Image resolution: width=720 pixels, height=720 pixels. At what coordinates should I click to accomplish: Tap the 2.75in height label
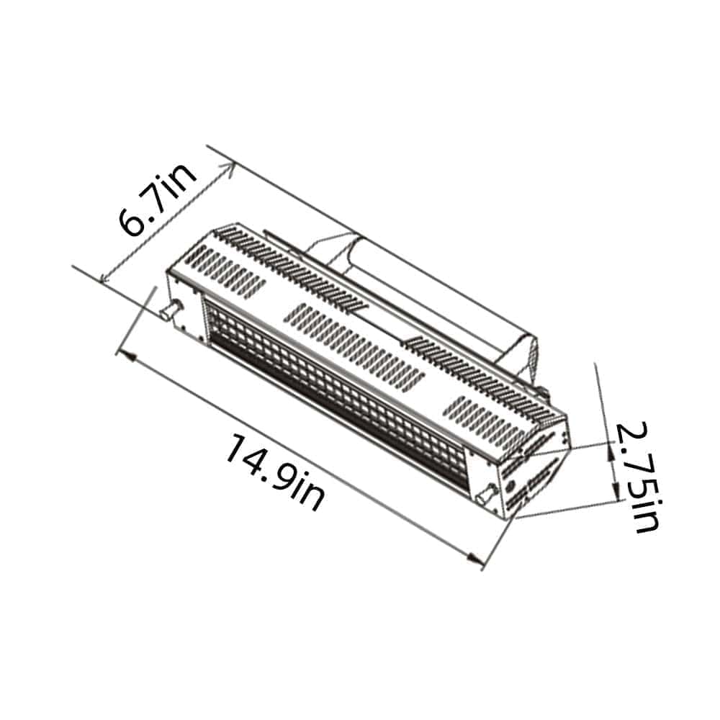(x=636, y=477)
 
